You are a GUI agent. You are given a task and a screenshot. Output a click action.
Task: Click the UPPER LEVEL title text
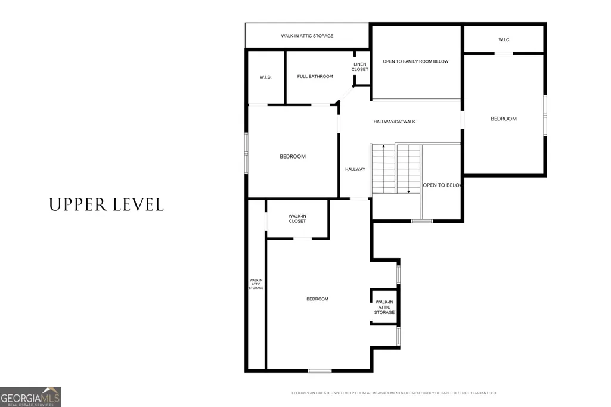[x=106, y=205]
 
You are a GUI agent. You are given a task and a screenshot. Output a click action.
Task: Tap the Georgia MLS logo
[x=30, y=397]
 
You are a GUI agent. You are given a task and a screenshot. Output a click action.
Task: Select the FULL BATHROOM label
[x=315, y=77]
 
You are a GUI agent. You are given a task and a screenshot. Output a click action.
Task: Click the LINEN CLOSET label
[x=359, y=67]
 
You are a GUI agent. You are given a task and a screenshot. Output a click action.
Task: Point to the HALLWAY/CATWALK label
[x=395, y=122]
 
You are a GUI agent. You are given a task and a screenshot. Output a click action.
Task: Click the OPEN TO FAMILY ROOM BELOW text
[x=415, y=61]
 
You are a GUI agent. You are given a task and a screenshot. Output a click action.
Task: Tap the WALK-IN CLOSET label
[x=297, y=219]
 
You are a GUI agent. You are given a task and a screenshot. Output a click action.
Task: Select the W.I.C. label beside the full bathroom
[x=266, y=77]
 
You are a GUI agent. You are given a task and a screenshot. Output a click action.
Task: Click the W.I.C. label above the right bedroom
[x=504, y=40]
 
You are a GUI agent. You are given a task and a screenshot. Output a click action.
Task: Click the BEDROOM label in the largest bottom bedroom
[x=317, y=299]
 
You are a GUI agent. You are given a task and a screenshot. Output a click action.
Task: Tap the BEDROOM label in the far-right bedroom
[x=504, y=119]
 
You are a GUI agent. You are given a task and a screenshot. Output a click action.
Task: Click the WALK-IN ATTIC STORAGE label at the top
[x=307, y=36]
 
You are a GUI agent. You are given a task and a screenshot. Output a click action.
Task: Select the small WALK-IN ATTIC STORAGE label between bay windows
[x=384, y=307]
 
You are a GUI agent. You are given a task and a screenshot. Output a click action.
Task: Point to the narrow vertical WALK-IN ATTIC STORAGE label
[x=256, y=284]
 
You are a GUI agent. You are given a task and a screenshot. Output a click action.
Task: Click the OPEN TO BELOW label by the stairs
[x=442, y=185]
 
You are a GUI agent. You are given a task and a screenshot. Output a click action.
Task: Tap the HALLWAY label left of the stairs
[x=355, y=169]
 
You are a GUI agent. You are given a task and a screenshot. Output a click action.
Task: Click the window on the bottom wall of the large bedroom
[x=320, y=371]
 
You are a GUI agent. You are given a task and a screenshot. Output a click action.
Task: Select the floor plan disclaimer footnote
[x=393, y=393]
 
